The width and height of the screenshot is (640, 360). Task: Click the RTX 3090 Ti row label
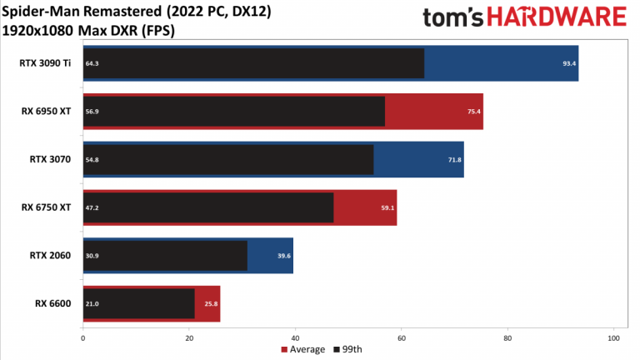point(45,63)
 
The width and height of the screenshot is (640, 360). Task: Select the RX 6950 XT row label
point(46,112)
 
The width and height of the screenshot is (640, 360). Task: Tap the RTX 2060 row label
point(50,256)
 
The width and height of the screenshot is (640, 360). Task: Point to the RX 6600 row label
point(53,303)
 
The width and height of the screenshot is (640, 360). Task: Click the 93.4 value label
point(569,63)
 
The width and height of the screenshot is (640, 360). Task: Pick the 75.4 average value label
point(474,112)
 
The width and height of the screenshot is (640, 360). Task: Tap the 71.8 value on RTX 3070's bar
point(455,160)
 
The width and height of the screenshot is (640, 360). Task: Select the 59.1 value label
point(387,207)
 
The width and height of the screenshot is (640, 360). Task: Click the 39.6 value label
point(284,256)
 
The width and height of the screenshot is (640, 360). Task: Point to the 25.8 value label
point(211,303)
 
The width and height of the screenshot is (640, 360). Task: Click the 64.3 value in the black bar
point(92,63)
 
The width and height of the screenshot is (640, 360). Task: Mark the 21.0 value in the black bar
point(92,303)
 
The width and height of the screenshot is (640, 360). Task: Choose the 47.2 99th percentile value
point(92,207)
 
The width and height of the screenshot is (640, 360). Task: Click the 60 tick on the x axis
point(402,338)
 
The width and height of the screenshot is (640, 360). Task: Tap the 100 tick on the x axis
point(614,338)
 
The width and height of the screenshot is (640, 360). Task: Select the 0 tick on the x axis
point(83,338)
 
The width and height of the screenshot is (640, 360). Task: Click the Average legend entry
point(303,349)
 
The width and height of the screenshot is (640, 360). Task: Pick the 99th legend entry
point(348,349)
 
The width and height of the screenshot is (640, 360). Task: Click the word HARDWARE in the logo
point(557,17)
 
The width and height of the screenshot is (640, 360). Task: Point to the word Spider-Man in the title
point(40,12)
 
